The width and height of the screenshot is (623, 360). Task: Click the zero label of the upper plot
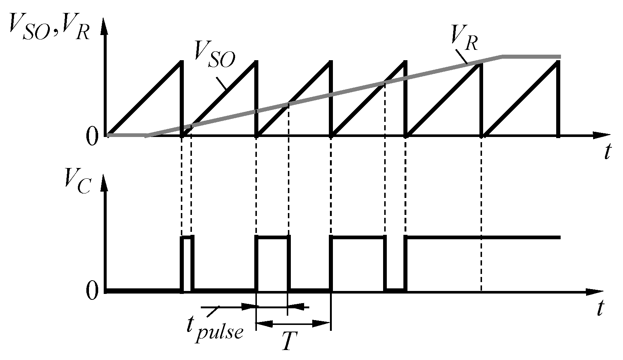click(x=92, y=137)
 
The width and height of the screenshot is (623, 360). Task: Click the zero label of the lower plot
click(x=92, y=292)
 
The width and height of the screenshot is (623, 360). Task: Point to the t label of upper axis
click(x=607, y=152)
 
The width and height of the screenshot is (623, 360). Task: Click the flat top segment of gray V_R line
click(x=531, y=56)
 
